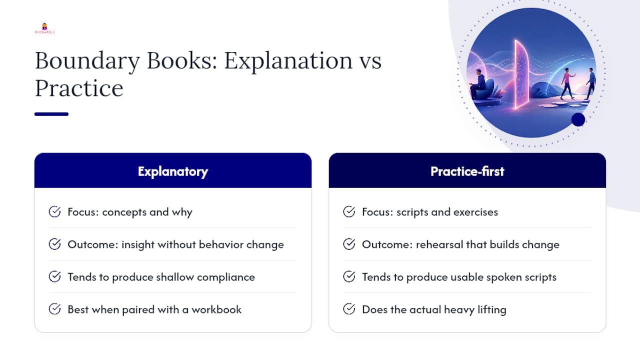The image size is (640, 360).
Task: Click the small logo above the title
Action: click(45, 28)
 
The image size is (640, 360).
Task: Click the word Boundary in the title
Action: click(87, 61)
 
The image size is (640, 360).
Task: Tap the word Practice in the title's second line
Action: click(79, 88)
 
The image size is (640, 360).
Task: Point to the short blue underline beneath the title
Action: click(51, 114)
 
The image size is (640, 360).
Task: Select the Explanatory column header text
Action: click(173, 171)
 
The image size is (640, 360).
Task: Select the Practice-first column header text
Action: click(467, 171)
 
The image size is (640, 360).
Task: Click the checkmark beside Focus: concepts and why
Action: click(54, 211)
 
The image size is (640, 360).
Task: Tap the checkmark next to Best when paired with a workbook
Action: click(54, 309)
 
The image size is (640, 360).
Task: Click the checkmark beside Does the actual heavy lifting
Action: click(349, 309)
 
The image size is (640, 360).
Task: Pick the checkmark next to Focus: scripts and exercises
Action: click(349, 211)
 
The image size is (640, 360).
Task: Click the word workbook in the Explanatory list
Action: click(216, 309)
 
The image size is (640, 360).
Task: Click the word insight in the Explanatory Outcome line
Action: click(138, 245)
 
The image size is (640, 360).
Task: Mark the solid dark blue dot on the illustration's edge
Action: click(578, 119)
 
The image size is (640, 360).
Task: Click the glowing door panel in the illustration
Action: click(521, 74)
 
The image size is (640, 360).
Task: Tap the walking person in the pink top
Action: click(567, 83)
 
